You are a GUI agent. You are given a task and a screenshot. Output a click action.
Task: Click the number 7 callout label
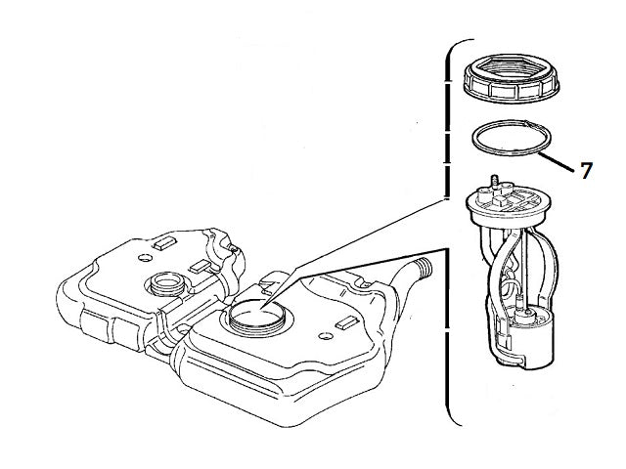[586, 171]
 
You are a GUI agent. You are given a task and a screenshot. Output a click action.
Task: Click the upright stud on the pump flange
[495, 183]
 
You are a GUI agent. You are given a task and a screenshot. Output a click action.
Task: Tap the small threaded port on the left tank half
[161, 286]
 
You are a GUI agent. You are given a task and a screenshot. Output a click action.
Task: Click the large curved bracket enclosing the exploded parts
[451, 234]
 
